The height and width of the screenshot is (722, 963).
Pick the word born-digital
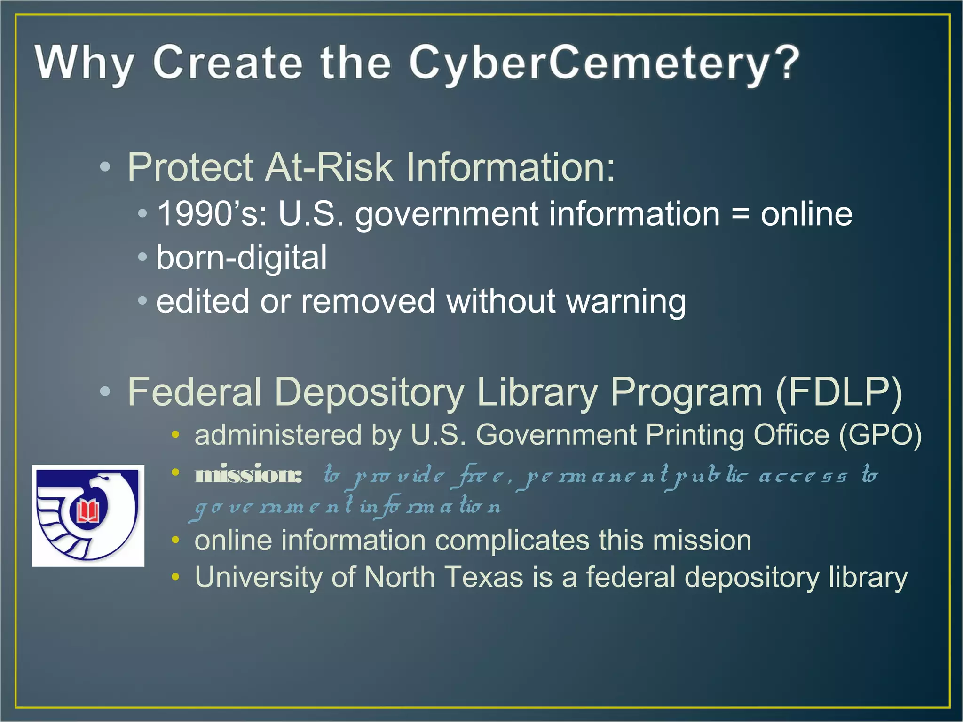241,258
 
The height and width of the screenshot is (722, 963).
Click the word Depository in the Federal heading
369,392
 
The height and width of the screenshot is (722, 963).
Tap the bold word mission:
248,475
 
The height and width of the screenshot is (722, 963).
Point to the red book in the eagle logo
88,511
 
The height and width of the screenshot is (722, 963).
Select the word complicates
512,541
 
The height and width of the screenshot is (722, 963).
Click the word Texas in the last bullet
484,577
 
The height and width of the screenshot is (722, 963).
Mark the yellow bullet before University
175,577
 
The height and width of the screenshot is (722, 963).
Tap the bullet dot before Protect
105,167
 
